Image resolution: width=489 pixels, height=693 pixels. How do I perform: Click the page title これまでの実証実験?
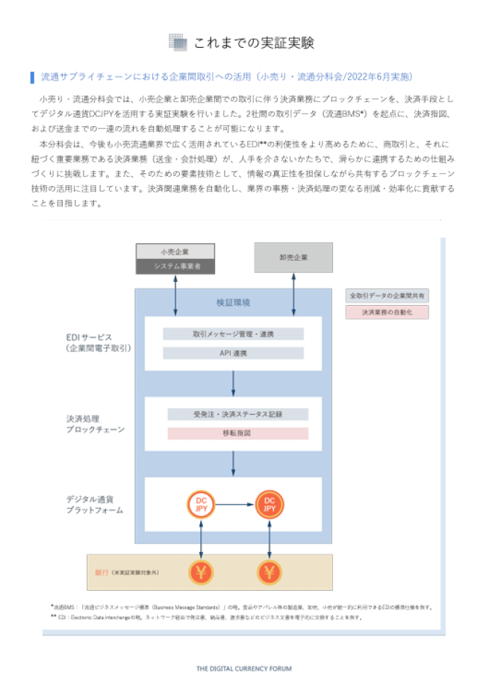254,43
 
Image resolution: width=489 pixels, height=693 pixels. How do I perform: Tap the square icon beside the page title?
177,43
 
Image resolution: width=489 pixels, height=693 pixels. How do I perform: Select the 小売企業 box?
175,251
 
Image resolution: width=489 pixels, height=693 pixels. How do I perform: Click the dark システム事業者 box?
175,266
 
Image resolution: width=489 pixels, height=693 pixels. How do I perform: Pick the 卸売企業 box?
293,257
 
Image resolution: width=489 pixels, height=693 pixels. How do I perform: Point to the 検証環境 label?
233,302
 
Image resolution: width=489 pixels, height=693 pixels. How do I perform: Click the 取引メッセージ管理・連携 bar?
233,334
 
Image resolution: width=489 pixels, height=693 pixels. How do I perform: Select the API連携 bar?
233,353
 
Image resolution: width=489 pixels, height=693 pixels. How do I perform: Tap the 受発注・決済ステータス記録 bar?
237,414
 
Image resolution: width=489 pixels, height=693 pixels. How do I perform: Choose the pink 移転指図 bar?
237,433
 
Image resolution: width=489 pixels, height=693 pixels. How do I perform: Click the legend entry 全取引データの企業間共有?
387,295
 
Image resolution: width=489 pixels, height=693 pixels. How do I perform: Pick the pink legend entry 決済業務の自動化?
387,313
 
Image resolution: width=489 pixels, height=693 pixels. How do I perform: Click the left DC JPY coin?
201,505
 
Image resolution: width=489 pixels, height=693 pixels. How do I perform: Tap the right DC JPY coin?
270,505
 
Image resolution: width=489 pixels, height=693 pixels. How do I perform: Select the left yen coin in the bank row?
201,572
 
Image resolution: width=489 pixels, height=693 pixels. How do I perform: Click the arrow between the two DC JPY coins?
235,505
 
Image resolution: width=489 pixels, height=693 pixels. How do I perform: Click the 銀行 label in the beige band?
102,572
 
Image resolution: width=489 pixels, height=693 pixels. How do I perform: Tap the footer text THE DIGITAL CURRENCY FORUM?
244,668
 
